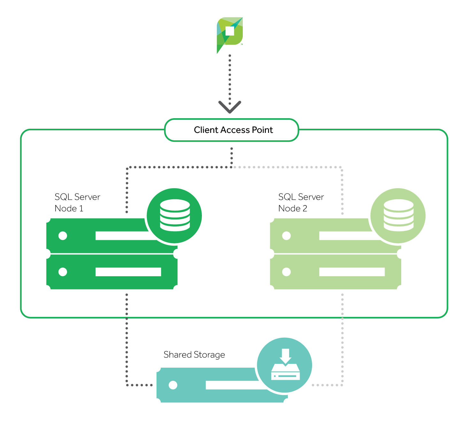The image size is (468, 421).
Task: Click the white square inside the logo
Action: point(230,31)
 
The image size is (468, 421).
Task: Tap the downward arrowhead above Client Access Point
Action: point(230,107)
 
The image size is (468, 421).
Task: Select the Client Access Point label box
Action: point(232,130)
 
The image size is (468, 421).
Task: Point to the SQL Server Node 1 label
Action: point(77,203)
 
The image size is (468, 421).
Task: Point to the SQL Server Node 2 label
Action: point(301,203)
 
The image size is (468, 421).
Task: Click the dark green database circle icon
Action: point(174,216)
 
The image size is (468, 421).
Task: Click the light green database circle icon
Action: point(398,216)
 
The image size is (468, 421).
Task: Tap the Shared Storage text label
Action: point(194,355)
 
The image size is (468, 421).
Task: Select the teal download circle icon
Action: point(285,365)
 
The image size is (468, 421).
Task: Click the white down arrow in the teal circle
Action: point(285,356)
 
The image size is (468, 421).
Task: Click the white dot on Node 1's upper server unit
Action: point(63,236)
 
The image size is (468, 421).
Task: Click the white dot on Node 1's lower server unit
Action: point(63,272)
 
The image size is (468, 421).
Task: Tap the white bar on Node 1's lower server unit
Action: point(128,272)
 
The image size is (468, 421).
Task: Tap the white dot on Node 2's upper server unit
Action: point(287,236)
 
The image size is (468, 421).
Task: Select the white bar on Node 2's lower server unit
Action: point(352,272)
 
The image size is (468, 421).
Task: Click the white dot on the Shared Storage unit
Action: point(173,385)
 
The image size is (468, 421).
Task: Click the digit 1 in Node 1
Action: point(81,209)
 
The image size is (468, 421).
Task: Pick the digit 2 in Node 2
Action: point(305,209)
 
